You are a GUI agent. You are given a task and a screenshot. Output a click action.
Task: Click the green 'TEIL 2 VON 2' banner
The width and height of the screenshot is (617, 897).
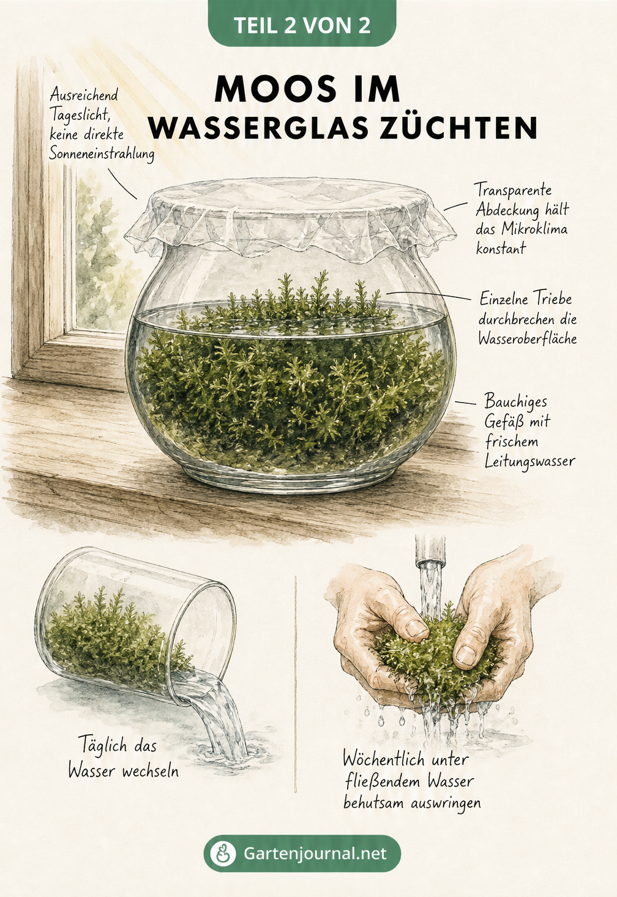302,23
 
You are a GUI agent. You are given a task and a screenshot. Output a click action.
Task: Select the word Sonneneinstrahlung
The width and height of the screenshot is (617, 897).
102,155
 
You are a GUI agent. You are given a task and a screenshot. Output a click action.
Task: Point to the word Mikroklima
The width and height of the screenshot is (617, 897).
534,229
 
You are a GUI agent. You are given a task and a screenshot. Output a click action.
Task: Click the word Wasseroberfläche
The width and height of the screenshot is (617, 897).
528,339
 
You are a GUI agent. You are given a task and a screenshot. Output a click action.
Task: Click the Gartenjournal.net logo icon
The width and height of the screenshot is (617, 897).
223,853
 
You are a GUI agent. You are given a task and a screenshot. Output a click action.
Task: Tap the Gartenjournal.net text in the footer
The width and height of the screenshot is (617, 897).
315,853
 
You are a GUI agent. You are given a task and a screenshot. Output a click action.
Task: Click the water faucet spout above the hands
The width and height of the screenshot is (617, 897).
430,552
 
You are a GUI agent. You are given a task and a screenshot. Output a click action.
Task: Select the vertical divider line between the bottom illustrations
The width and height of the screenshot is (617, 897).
296,685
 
